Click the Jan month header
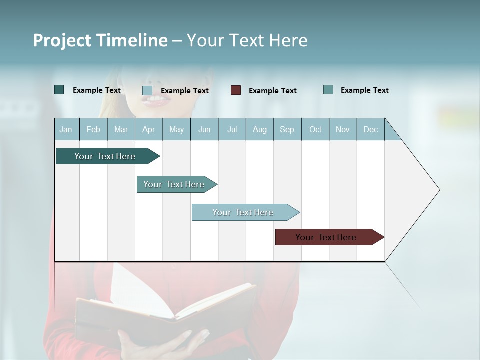[x=66, y=130]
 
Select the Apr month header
[x=148, y=130]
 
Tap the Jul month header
[x=232, y=130]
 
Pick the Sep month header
[x=287, y=130]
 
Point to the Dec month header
[x=370, y=130]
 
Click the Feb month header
[x=93, y=130]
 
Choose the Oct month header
[x=315, y=130]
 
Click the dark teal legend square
[x=59, y=90]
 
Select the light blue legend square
[x=147, y=90]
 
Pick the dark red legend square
[x=236, y=90]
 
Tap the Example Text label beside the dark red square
[x=272, y=91]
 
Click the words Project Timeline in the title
[x=100, y=40]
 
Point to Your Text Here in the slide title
[x=247, y=40]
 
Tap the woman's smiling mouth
[x=155, y=100]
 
